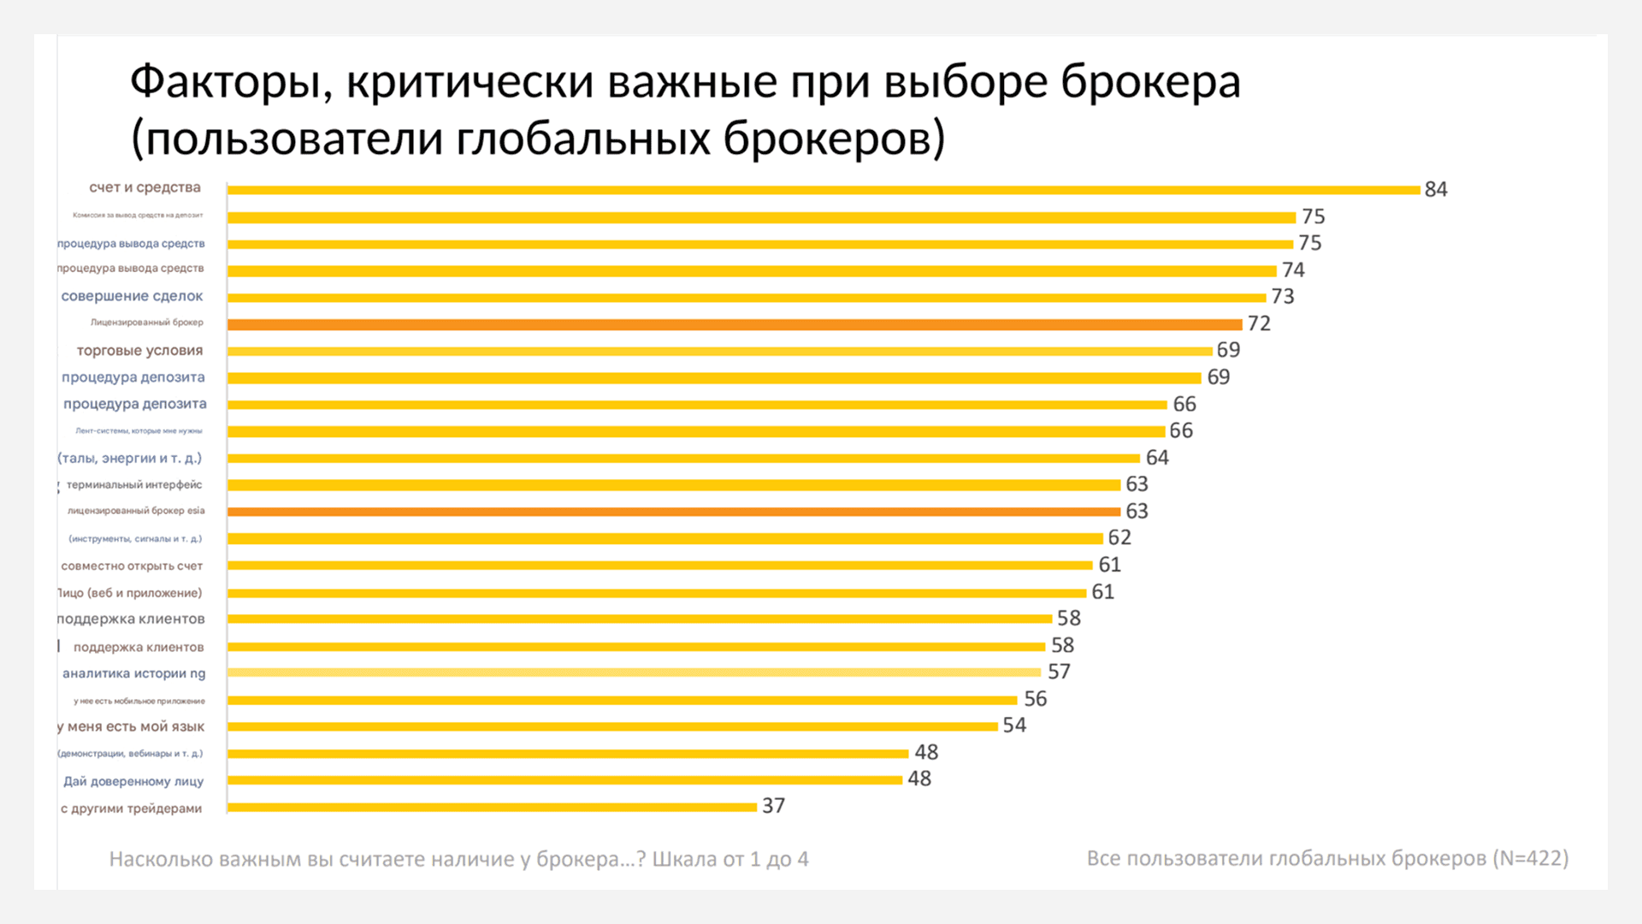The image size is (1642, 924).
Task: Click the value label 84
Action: click(x=1435, y=189)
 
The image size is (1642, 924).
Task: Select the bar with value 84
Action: click(x=823, y=190)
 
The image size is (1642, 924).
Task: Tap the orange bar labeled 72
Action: click(x=734, y=324)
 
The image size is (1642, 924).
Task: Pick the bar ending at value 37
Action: click(x=492, y=807)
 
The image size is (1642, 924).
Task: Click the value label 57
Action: click(x=1059, y=672)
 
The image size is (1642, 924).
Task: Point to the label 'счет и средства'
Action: click(x=145, y=187)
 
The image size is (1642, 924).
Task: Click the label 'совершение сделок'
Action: click(x=132, y=296)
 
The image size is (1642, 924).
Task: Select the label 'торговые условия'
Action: click(x=139, y=350)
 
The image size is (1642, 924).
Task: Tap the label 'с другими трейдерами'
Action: click(x=131, y=808)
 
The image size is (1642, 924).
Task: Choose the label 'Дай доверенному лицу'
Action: click(x=133, y=781)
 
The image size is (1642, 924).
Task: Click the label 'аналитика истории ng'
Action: click(x=133, y=673)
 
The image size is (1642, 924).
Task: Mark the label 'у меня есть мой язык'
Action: click(x=131, y=726)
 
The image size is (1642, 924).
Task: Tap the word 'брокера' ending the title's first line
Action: click(x=1150, y=83)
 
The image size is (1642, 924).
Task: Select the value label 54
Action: click(x=1014, y=726)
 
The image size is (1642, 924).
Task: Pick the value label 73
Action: click(x=1282, y=297)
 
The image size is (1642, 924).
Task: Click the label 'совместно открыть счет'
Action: click(x=132, y=566)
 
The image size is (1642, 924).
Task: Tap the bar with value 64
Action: click(x=683, y=459)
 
